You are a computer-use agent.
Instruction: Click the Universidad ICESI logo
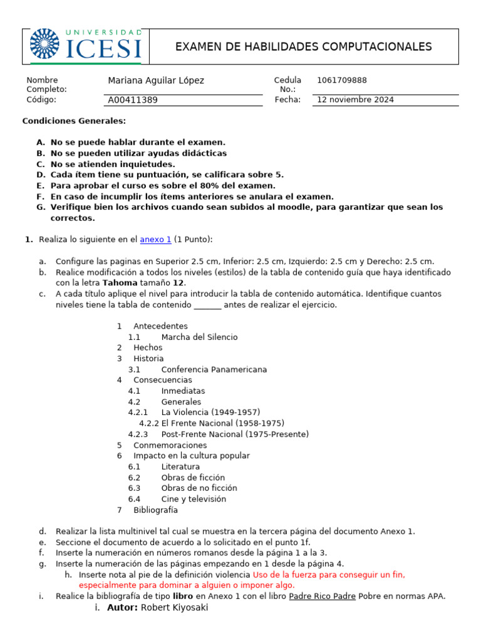coord(86,46)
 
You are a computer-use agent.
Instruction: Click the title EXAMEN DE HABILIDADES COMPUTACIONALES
coord(304,47)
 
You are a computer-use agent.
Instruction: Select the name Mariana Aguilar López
coord(156,81)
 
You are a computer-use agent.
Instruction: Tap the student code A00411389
coord(133,100)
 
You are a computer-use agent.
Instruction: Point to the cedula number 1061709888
coord(342,80)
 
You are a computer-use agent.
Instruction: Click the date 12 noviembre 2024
coord(356,100)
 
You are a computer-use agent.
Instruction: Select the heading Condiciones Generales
coord(74,121)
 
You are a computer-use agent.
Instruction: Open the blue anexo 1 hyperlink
coord(155,240)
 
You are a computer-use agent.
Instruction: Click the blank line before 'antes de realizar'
coord(207,305)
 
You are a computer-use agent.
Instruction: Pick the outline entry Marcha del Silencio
coord(199,337)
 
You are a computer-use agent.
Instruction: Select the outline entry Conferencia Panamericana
coord(214,370)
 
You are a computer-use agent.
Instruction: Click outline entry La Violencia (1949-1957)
coord(210,413)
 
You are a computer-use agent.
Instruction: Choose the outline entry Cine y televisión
coord(194,500)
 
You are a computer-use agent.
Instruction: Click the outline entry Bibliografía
coord(155,510)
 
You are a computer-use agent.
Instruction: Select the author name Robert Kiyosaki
coord(174,608)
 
